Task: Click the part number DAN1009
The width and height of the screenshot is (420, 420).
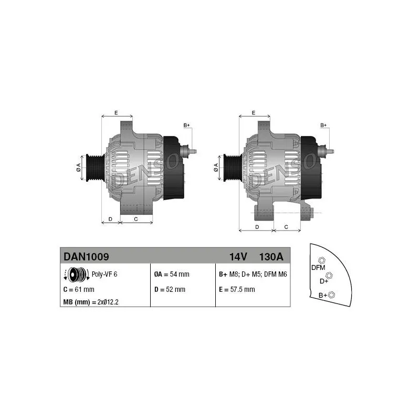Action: pyautogui.click(x=86, y=257)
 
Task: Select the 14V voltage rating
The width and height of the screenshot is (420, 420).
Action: pyautogui.click(x=238, y=257)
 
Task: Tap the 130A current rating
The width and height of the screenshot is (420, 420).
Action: pyautogui.click(x=271, y=257)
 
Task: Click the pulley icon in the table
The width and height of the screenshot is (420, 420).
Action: pyautogui.click(x=77, y=275)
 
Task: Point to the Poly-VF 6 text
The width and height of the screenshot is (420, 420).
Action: pyautogui.click(x=104, y=274)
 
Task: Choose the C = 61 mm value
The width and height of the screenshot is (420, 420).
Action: pyautogui.click(x=79, y=290)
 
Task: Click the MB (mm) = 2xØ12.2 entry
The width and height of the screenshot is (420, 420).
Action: pyautogui.click(x=91, y=302)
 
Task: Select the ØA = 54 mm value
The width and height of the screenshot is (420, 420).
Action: pyautogui.click(x=172, y=274)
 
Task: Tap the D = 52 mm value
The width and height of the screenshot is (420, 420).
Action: pyautogui.click(x=170, y=290)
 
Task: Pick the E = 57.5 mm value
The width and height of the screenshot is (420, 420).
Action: pyautogui.click(x=237, y=290)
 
